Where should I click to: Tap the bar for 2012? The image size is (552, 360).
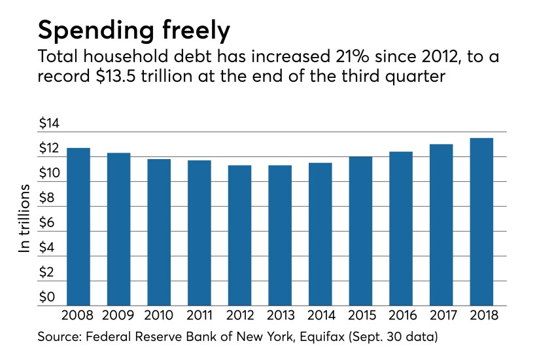click(239, 236)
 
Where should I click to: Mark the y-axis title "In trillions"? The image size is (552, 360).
click(25, 220)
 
